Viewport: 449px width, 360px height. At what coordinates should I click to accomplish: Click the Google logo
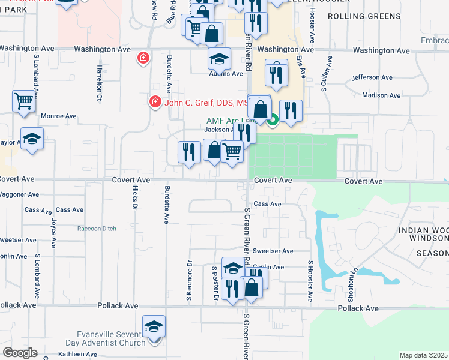19,353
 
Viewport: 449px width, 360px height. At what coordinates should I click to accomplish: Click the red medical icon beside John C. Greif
155,102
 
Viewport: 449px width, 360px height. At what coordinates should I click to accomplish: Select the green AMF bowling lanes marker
272,121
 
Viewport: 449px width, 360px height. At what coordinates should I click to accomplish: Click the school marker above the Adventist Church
154,327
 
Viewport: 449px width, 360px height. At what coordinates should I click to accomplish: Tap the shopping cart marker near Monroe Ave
23,101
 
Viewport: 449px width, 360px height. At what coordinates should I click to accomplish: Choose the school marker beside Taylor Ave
32,140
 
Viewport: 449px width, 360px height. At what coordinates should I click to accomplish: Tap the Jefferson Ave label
373,77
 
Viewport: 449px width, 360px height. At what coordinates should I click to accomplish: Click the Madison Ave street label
381,95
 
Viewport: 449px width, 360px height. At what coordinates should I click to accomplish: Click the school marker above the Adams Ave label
219,58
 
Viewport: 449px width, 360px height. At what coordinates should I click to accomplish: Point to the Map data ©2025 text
423,355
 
